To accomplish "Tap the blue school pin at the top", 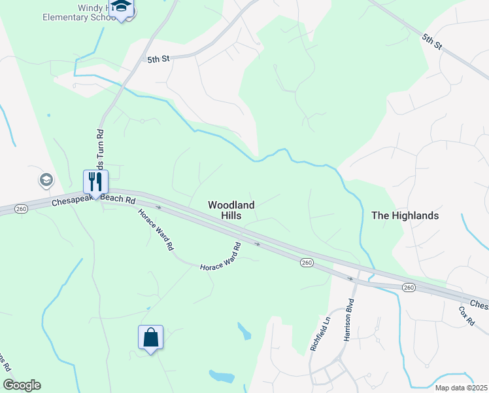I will pyautogui.click(x=121, y=8).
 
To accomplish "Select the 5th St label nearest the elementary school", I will pyautogui.click(x=158, y=59).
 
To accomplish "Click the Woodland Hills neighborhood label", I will pyautogui.click(x=231, y=210).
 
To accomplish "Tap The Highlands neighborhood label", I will pyautogui.click(x=405, y=215).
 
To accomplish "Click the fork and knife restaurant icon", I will pyautogui.click(x=95, y=181).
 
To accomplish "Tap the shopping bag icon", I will pyautogui.click(x=150, y=337).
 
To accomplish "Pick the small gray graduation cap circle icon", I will pyautogui.click(x=46, y=179).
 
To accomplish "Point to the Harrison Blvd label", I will pyautogui.click(x=348, y=320).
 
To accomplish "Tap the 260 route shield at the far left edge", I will pyautogui.click(x=22, y=209).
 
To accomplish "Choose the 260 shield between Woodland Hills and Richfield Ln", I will pyautogui.click(x=306, y=263).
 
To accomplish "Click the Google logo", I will pyautogui.click(x=22, y=385).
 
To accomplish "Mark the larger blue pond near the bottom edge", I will pyautogui.click(x=222, y=377).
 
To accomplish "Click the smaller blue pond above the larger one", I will pyautogui.click(x=244, y=331).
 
